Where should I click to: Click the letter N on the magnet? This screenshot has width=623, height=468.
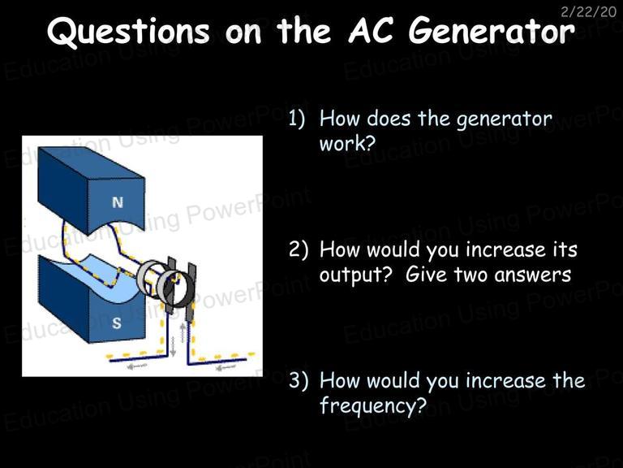(x=118, y=202)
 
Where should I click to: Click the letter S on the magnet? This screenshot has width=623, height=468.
(x=117, y=323)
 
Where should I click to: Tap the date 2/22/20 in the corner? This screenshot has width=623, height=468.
(x=588, y=12)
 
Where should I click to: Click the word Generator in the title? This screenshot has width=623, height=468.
(x=492, y=31)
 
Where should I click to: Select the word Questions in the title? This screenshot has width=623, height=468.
(x=128, y=32)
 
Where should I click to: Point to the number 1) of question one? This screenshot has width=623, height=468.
(x=296, y=119)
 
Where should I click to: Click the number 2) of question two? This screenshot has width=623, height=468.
(x=298, y=250)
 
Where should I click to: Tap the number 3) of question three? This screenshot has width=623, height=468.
(x=298, y=380)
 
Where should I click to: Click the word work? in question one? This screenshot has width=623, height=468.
(x=347, y=143)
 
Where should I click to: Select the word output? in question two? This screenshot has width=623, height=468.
(x=355, y=275)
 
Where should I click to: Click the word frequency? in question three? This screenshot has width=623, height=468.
(x=373, y=406)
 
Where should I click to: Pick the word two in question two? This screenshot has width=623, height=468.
(x=478, y=275)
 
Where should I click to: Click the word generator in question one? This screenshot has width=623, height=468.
(x=505, y=119)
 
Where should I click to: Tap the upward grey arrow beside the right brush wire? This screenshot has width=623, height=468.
(x=183, y=332)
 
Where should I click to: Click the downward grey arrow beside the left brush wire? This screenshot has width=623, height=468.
(x=173, y=347)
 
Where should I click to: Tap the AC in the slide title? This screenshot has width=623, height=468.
(x=371, y=31)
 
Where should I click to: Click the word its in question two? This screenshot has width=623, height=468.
(x=565, y=249)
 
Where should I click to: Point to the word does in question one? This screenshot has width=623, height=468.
(x=388, y=119)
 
